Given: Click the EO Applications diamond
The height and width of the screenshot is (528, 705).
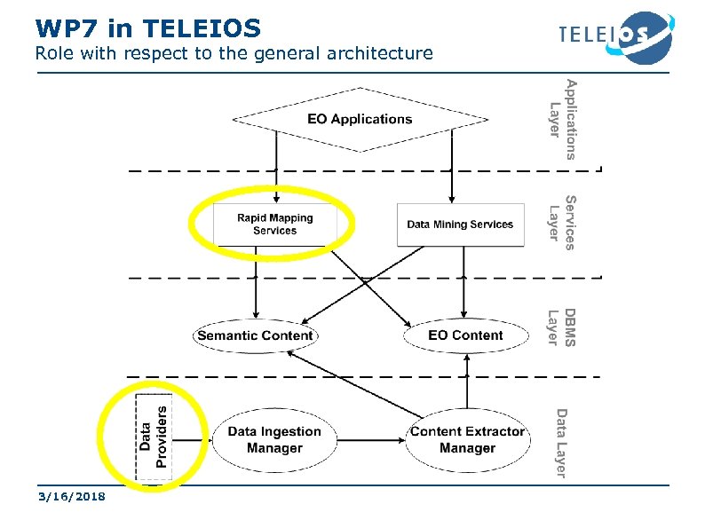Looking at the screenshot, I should (360, 119).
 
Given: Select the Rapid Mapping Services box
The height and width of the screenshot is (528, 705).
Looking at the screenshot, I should (274, 225).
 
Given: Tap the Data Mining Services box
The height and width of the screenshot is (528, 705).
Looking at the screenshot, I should (460, 225).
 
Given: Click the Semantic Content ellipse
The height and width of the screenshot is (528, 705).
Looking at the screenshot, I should (255, 335).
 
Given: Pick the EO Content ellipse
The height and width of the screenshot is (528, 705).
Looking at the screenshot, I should (465, 335).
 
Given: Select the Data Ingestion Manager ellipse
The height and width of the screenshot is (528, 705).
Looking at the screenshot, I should (274, 440).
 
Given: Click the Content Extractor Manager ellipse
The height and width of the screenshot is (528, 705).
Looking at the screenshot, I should (467, 440).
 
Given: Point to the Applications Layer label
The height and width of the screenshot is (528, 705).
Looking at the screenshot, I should (563, 119).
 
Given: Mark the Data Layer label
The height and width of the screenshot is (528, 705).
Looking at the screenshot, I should (560, 442).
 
